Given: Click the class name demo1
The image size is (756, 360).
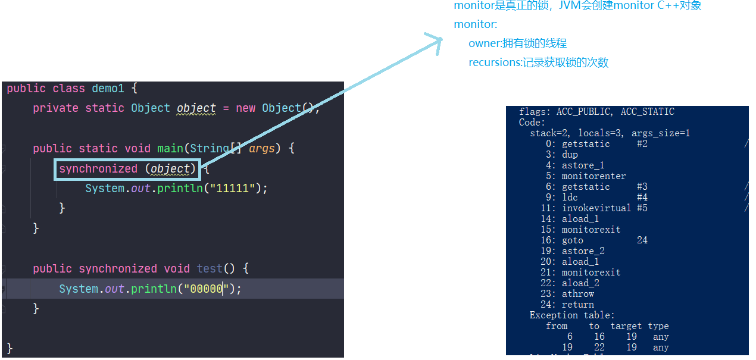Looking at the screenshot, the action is pyautogui.click(x=108, y=88).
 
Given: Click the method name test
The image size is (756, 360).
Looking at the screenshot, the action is pyautogui.click(x=210, y=269).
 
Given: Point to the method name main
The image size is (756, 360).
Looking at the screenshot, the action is pyautogui.click(x=170, y=149).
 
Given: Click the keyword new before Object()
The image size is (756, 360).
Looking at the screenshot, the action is pyautogui.click(x=245, y=108).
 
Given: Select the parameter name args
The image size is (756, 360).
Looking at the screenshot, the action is pyautogui.click(x=262, y=149).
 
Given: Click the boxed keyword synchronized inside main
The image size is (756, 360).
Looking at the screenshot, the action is pyautogui.click(x=98, y=169).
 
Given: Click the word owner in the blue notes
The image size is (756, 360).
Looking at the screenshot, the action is pyautogui.click(x=483, y=43).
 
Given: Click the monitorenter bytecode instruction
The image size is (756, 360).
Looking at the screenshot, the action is pyautogui.click(x=593, y=176).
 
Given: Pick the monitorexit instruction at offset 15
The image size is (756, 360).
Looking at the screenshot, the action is pyautogui.click(x=591, y=230).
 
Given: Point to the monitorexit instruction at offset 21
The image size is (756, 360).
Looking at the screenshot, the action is pyautogui.click(x=591, y=273).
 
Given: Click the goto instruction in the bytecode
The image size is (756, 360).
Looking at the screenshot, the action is pyautogui.click(x=573, y=240).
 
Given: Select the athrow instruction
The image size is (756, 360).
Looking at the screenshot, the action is pyautogui.click(x=578, y=294).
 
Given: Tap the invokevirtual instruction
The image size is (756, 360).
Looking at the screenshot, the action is pyautogui.click(x=596, y=208).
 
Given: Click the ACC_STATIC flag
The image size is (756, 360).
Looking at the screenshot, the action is pyautogui.click(x=647, y=112).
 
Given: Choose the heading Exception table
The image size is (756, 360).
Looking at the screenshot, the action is pyautogui.click(x=571, y=315).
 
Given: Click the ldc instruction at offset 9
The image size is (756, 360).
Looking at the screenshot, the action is pyautogui.click(x=570, y=198).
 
